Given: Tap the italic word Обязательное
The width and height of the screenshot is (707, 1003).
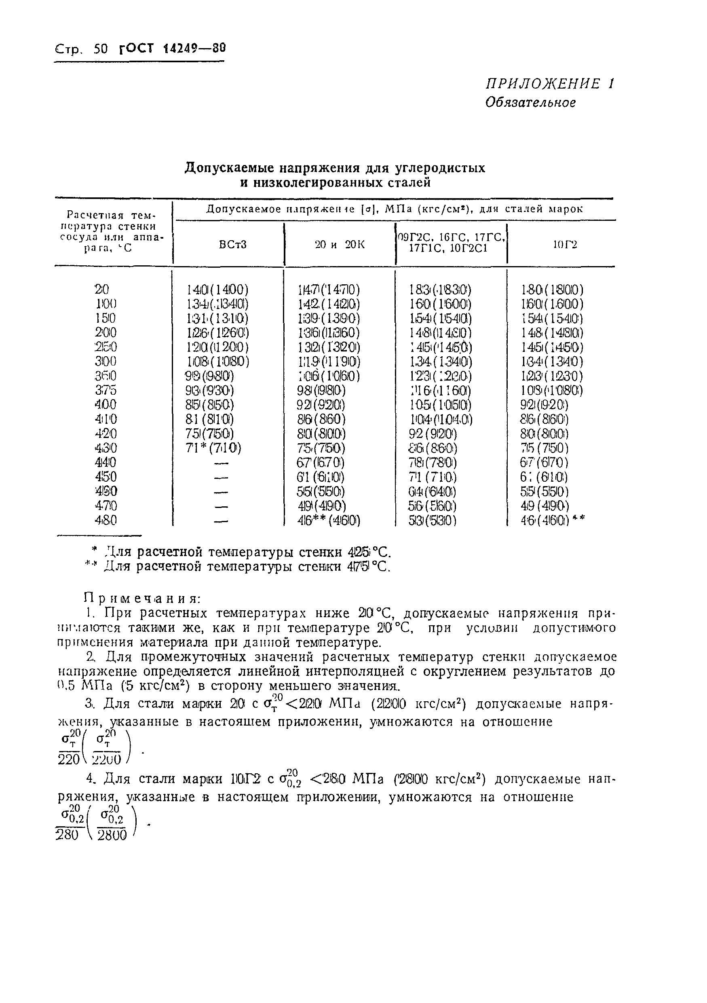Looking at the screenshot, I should [x=530, y=103].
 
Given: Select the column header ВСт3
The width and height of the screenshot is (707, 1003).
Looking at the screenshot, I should [x=233, y=245].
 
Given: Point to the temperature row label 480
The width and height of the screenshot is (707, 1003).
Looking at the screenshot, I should [x=106, y=520].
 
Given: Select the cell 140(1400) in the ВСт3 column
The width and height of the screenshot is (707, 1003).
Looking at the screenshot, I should [x=217, y=290].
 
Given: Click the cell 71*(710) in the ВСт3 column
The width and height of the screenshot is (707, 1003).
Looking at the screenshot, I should [x=213, y=448].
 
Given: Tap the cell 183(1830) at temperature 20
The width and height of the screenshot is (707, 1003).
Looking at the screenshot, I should [x=441, y=290].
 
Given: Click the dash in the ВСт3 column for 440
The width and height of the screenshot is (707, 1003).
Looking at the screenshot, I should [x=222, y=463].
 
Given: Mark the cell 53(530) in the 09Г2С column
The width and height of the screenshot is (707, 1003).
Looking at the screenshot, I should [x=432, y=520].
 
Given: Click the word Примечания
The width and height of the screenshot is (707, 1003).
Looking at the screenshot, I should [x=142, y=598].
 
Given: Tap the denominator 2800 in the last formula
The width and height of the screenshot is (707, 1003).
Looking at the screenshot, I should [x=112, y=835].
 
